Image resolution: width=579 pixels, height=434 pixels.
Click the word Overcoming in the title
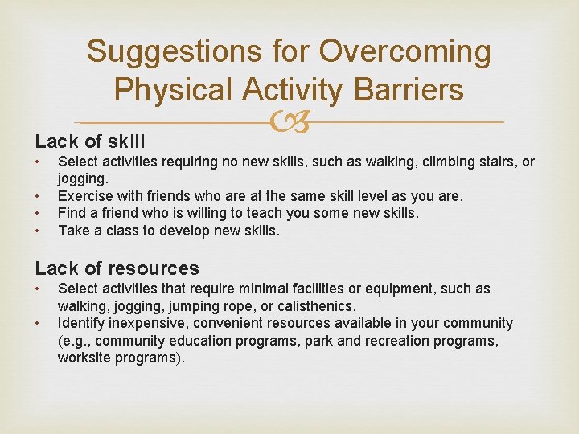[404, 52]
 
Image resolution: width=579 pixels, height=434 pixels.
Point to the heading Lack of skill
[90, 142]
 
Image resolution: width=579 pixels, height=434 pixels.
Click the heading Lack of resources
[117, 268]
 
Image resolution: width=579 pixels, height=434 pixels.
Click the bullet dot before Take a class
[38, 231]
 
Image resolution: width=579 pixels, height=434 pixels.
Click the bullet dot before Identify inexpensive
[38, 324]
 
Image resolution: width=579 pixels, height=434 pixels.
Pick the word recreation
[401, 341]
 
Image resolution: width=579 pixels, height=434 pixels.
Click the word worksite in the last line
[85, 358]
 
